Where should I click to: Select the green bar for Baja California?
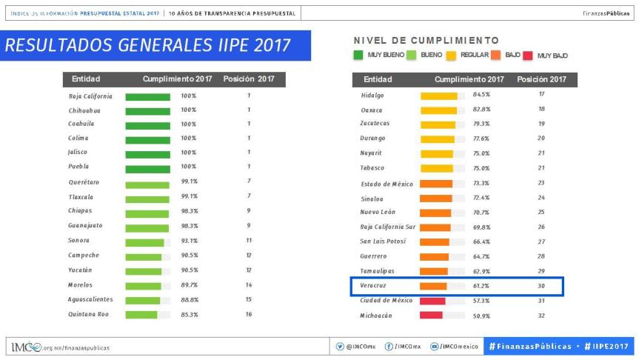point(147,96)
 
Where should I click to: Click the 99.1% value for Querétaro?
point(189,181)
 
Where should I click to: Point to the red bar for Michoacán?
point(431,316)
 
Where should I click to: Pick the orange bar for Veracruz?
point(433,286)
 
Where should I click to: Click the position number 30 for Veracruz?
point(541,285)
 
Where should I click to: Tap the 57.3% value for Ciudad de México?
point(481,301)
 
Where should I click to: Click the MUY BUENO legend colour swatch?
point(358,56)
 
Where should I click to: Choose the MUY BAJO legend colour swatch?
point(527,56)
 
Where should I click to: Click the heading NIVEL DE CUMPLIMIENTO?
point(426,41)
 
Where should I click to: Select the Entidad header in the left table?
point(86,79)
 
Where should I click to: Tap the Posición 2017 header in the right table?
point(542,79)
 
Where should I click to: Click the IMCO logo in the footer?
point(27,347)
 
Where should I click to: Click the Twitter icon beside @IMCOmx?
point(340,347)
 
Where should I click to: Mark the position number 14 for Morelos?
point(249,284)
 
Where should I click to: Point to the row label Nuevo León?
point(378,212)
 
